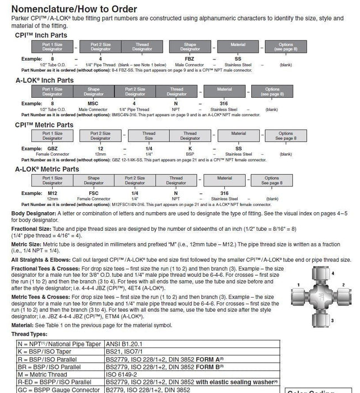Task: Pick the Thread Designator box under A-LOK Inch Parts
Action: pos(176,90)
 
